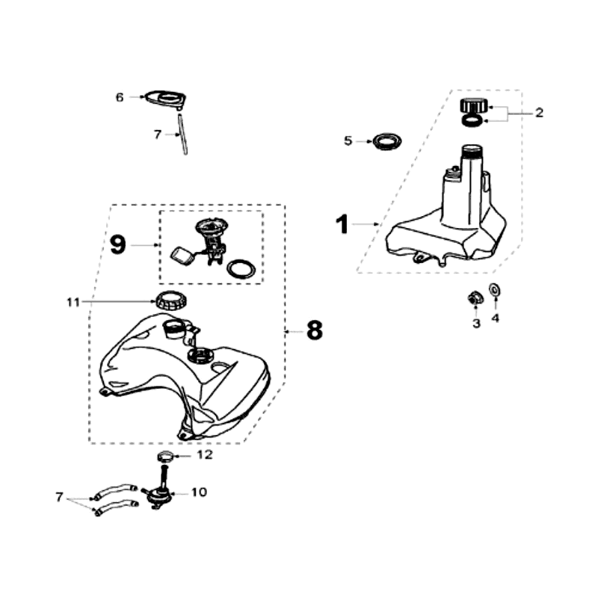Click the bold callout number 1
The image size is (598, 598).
click(x=342, y=224)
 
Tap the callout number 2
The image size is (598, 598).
click(x=538, y=113)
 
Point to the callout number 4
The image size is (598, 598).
click(x=495, y=318)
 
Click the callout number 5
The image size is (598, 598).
click(x=348, y=141)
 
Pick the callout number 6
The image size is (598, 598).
click(x=119, y=97)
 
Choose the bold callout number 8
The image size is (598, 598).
click(x=314, y=330)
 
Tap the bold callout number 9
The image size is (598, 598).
click(x=118, y=244)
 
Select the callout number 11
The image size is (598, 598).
click(x=73, y=302)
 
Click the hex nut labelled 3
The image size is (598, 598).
click(x=472, y=299)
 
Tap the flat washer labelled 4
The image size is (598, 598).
click(x=495, y=291)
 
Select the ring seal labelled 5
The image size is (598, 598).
click(x=387, y=141)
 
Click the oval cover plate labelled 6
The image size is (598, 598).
click(x=164, y=97)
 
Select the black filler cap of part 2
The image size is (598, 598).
click(x=472, y=105)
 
